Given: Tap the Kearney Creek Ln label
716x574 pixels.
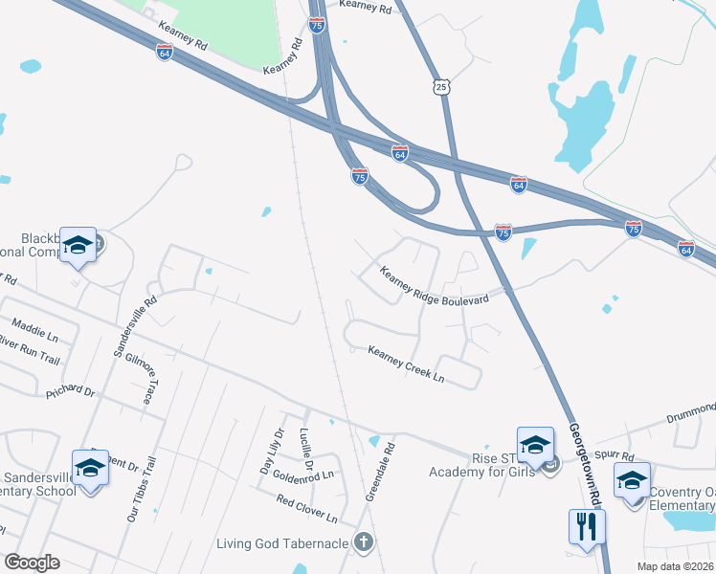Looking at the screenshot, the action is click(x=407, y=364).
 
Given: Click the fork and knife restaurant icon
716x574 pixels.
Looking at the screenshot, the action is click(x=586, y=526).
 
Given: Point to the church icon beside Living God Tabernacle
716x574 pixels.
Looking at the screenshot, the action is click(x=363, y=543).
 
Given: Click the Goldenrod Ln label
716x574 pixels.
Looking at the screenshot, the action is click(x=302, y=475).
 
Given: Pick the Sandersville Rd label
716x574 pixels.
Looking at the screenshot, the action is click(x=134, y=326).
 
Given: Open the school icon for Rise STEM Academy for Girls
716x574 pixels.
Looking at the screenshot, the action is click(x=535, y=445).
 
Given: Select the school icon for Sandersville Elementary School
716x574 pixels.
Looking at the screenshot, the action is click(x=90, y=468).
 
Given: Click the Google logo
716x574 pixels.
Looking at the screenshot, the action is click(x=31, y=563).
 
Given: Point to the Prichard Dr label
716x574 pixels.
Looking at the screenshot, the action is click(x=71, y=392).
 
